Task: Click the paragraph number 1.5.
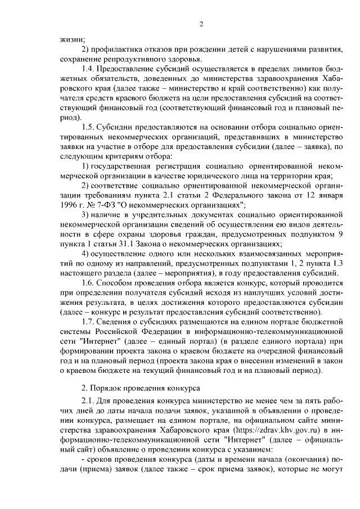(89, 127)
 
